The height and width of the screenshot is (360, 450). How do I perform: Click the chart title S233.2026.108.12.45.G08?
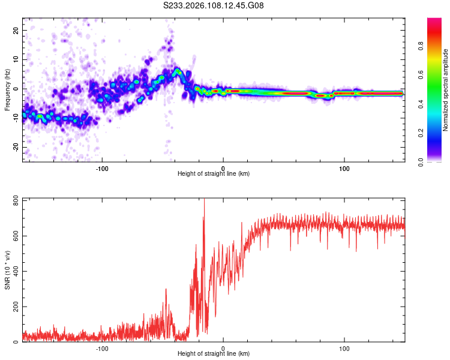[x=214, y=6]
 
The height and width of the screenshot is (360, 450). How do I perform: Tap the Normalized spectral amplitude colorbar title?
[x=446, y=90]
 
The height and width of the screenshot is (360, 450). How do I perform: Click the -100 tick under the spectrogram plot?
[x=102, y=167]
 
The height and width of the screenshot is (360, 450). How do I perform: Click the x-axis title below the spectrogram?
[x=214, y=173]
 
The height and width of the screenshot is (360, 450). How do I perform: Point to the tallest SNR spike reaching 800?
[x=205, y=200]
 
